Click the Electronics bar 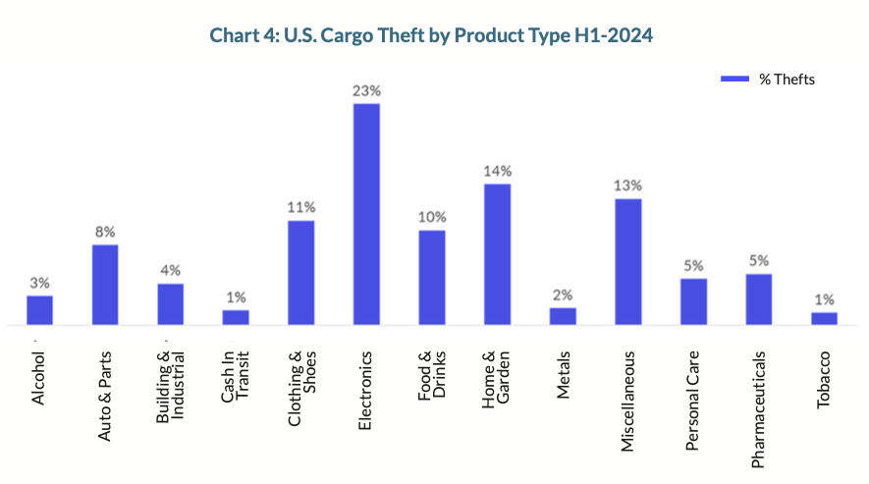(x=366, y=214)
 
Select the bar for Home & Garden (x=497, y=254)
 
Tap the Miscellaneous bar (x=628, y=261)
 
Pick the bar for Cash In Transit (x=236, y=317)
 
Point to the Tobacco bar (x=824, y=318)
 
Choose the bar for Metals (x=563, y=316)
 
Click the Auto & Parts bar (x=105, y=285)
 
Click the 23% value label (x=366, y=90)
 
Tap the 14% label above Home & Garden (x=497, y=171)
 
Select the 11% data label (x=301, y=207)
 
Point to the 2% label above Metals (x=563, y=295)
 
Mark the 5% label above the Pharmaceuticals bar (x=758, y=261)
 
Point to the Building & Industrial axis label (x=171, y=388)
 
